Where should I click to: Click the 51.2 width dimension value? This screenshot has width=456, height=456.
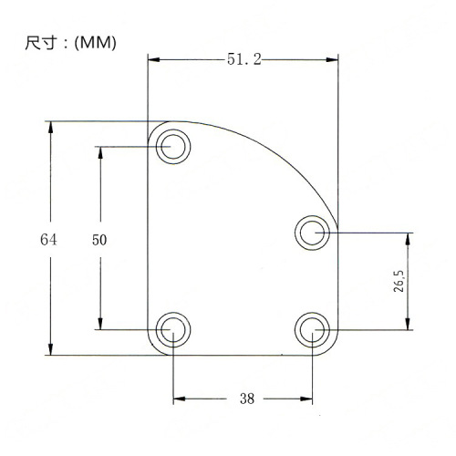click(244, 59)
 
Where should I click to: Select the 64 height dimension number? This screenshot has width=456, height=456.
click(49, 240)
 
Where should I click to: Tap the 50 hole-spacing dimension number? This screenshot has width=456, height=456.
click(100, 240)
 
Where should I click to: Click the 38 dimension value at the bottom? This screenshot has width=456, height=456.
click(245, 398)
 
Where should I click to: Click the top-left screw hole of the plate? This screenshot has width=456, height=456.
click(171, 146)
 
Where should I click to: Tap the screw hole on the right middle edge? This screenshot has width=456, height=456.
click(312, 232)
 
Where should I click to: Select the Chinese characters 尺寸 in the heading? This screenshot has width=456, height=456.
click(37, 43)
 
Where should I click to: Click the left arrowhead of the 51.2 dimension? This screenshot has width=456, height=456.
click(154, 59)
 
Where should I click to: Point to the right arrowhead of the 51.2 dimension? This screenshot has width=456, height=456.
click(333, 59)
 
